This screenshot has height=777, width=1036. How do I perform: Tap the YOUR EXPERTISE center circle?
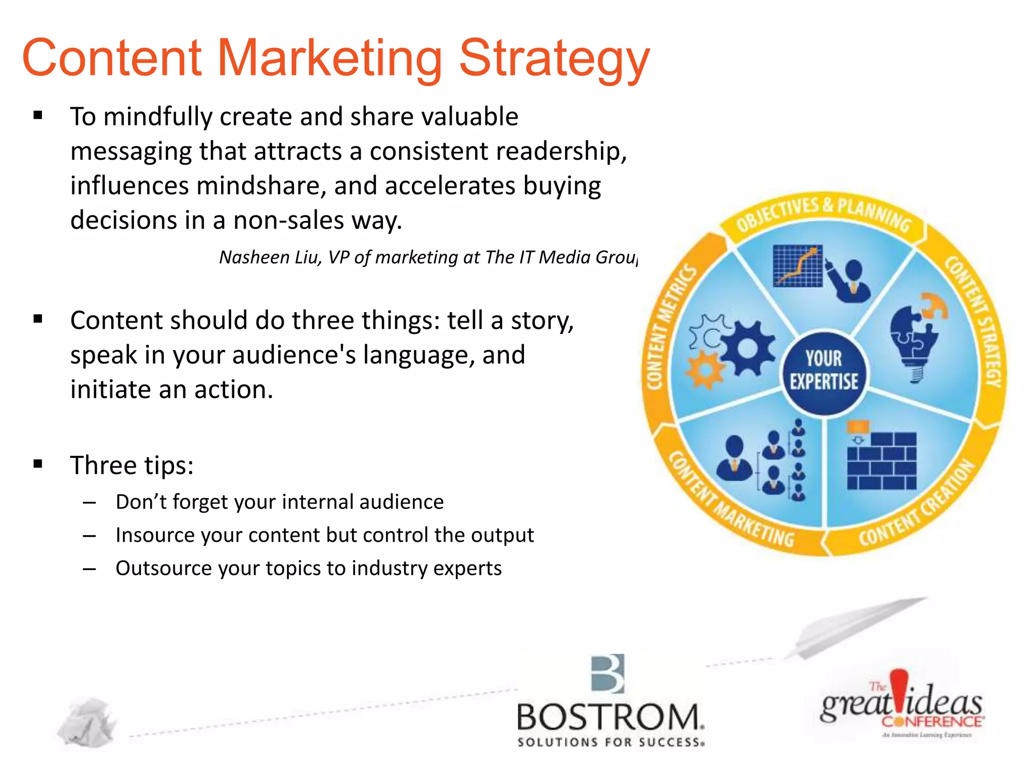[x=824, y=371]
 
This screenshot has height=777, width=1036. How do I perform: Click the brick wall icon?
[x=882, y=460]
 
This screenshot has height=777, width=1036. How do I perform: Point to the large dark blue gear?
[x=748, y=348]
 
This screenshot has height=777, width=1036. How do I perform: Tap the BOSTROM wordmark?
[x=610, y=717]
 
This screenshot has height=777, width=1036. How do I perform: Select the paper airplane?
[x=855, y=627]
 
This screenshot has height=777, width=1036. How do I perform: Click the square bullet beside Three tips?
[x=38, y=464]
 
